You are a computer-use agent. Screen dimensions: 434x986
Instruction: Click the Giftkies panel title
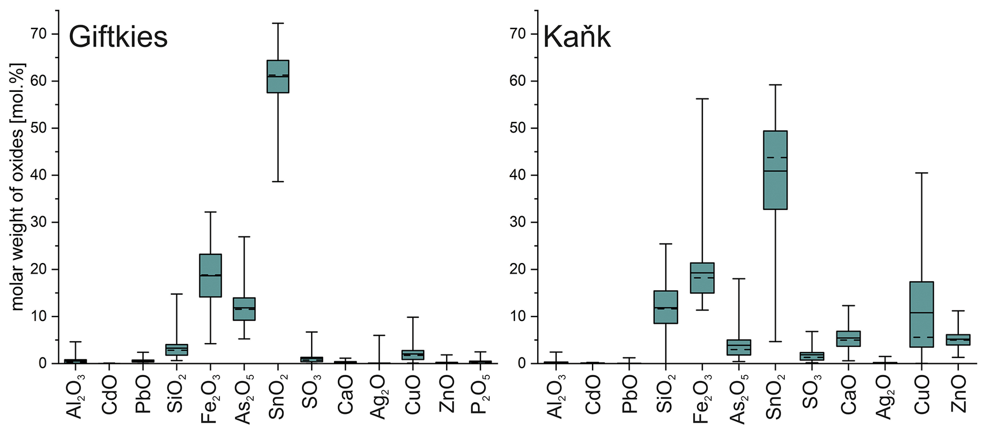(x=118, y=37)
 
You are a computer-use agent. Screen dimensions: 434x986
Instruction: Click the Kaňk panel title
(x=577, y=37)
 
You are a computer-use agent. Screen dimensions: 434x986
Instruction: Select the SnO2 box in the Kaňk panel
(x=775, y=170)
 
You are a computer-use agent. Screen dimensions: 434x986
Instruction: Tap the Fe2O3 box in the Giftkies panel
(x=210, y=275)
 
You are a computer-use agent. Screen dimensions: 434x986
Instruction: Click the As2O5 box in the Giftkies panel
(x=244, y=309)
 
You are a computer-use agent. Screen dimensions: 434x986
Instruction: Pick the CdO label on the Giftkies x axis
(x=109, y=395)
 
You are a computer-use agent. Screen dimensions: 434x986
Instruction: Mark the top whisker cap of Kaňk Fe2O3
(x=702, y=99)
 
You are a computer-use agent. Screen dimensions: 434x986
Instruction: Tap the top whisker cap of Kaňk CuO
(x=922, y=173)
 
